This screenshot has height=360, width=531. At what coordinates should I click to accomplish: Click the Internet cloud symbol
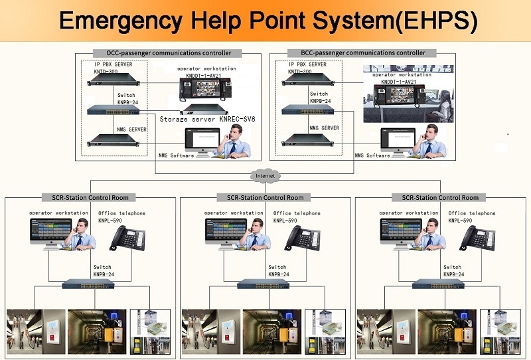265,176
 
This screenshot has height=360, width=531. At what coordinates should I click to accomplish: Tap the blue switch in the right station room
441,284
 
